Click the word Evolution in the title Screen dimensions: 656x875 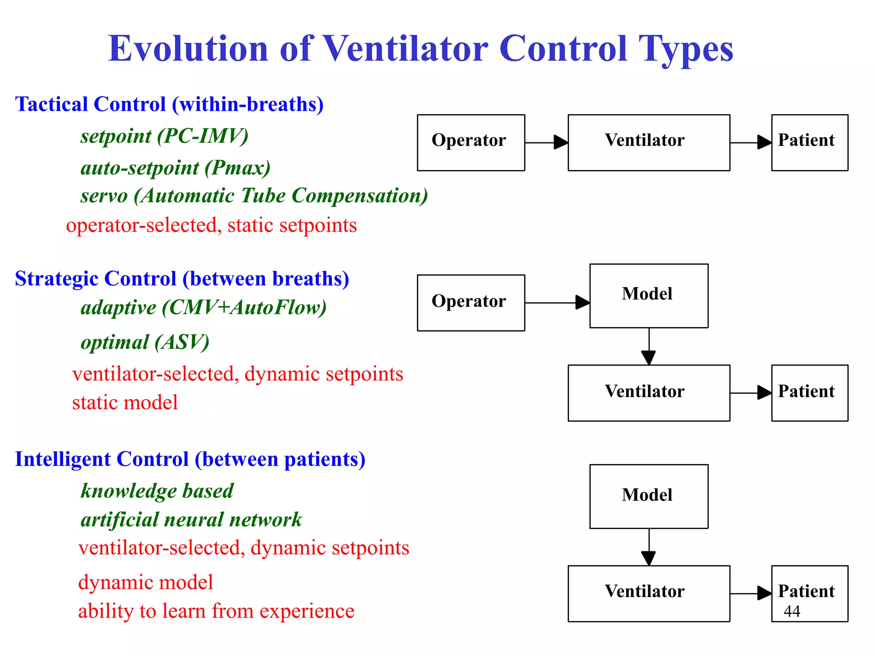[188, 49]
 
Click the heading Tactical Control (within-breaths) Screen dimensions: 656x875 [169, 104]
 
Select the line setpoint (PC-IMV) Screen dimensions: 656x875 [164, 136]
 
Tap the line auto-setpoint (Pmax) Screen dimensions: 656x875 [176, 168]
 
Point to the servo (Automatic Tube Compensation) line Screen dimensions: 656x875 [254, 196]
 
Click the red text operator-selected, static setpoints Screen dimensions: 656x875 [211, 226]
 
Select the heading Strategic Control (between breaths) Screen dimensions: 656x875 [182, 279]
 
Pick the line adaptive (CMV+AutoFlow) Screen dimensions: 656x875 [203, 308]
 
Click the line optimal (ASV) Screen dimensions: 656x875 [145, 342]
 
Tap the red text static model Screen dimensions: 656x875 [125, 403]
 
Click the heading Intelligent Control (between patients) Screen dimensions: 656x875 [190, 459]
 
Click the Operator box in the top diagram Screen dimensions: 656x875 [470, 142]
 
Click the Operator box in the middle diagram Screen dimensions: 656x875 [470, 303]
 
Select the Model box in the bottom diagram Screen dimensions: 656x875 [649, 496]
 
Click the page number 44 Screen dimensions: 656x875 [792, 612]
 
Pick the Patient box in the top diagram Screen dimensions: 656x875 [809, 142]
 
